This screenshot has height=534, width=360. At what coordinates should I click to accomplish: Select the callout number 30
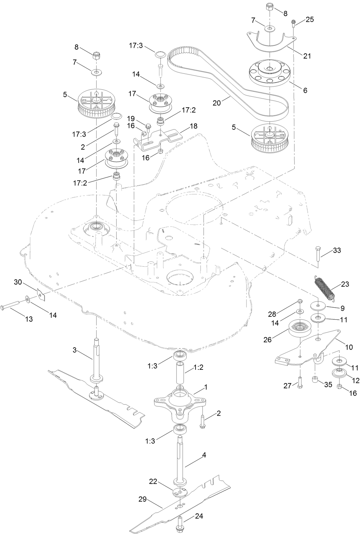coord(18,282)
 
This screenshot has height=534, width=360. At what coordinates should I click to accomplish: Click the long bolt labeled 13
coord(13,307)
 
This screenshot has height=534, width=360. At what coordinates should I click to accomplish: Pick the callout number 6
coord(305,91)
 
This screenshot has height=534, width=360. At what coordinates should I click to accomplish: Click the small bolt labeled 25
coord(293,23)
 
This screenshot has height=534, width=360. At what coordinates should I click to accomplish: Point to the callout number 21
coord(307,56)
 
